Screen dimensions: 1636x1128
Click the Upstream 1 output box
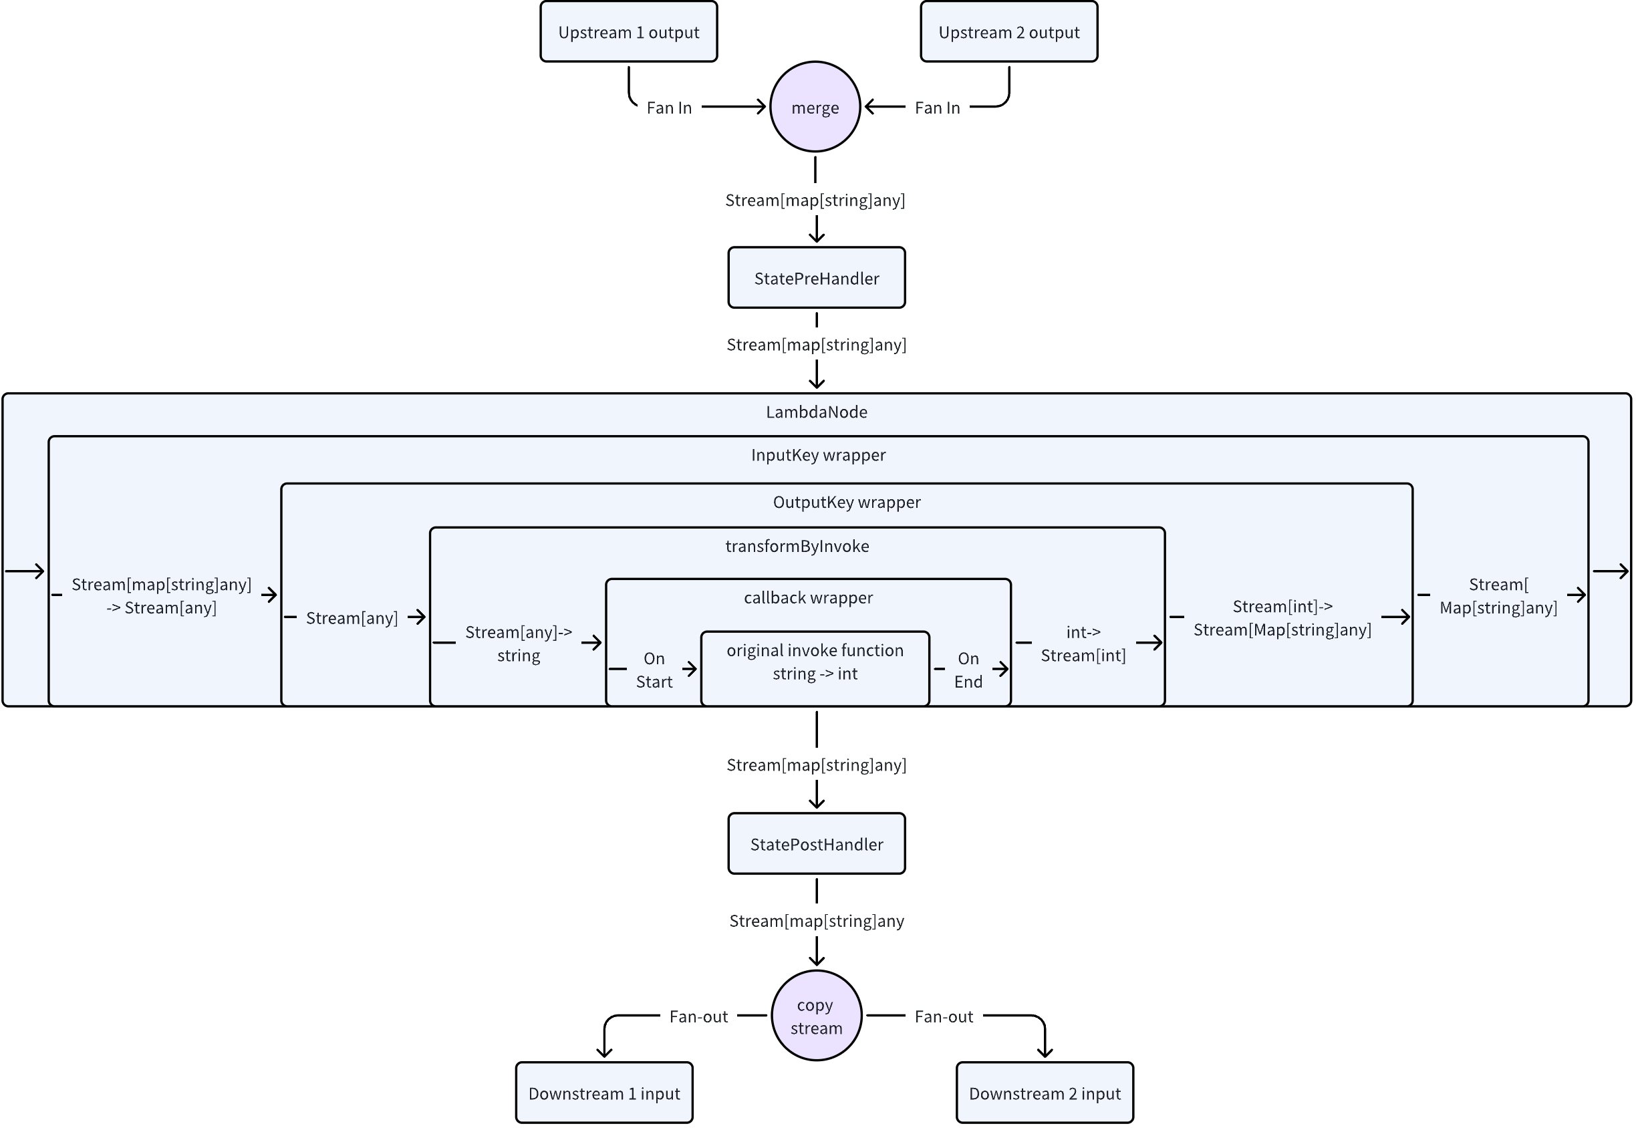[628, 32]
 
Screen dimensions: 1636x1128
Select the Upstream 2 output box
[1008, 32]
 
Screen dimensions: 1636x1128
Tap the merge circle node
[815, 107]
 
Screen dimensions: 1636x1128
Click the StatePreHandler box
[816, 278]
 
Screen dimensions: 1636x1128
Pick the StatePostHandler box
[816, 844]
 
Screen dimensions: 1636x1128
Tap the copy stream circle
[816, 1016]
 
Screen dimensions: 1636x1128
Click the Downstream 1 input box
[603, 1093]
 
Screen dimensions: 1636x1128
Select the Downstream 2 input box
[1045, 1093]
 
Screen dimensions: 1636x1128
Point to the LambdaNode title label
[816, 412]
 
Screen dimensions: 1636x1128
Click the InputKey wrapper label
[817, 455]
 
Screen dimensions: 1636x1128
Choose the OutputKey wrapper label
[847, 503]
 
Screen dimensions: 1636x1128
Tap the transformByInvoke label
[797, 547]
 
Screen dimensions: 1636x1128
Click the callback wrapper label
[808, 598]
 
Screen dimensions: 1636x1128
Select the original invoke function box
[815, 668]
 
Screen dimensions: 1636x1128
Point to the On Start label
[654, 670]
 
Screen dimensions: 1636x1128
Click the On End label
[968, 670]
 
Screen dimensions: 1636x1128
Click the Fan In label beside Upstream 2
[937, 108]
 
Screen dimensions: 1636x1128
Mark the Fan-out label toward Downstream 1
[698, 1016]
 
